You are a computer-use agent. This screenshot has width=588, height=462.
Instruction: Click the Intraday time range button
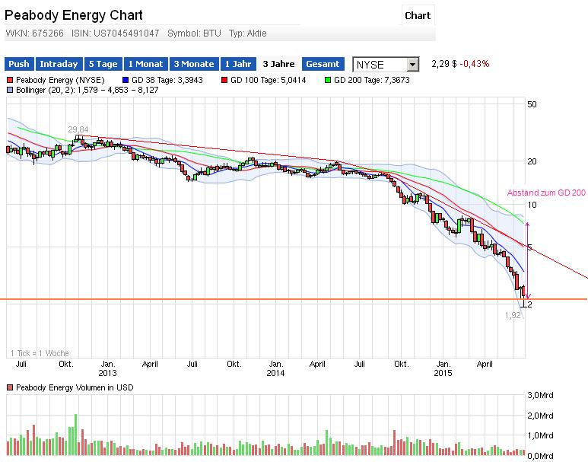pyautogui.click(x=58, y=64)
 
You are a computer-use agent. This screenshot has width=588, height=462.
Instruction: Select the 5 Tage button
pyautogui.click(x=102, y=64)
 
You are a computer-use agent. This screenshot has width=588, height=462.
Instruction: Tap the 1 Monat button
pyautogui.click(x=145, y=64)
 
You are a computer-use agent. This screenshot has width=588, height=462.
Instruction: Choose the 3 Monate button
pyautogui.click(x=193, y=64)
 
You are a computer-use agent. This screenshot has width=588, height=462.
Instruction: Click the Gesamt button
pyautogui.click(x=323, y=64)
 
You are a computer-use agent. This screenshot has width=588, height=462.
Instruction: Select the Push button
pyautogui.click(x=19, y=64)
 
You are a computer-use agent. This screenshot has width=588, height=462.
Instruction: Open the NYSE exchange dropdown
pyautogui.click(x=386, y=65)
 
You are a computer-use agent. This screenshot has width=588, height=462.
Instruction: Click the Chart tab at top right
pyautogui.click(x=418, y=15)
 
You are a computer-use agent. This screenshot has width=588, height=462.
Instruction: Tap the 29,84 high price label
pyautogui.click(x=78, y=129)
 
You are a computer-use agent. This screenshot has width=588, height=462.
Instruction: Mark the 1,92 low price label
pyautogui.click(x=513, y=315)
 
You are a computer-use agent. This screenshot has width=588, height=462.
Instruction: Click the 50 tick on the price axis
pyautogui.click(x=532, y=104)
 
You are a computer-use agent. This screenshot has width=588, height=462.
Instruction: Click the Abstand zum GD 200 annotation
pyautogui.click(x=546, y=193)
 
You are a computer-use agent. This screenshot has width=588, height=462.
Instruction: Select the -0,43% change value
pyautogui.click(x=474, y=64)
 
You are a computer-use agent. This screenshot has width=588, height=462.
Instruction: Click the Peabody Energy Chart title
pyautogui.click(x=73, y=15)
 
